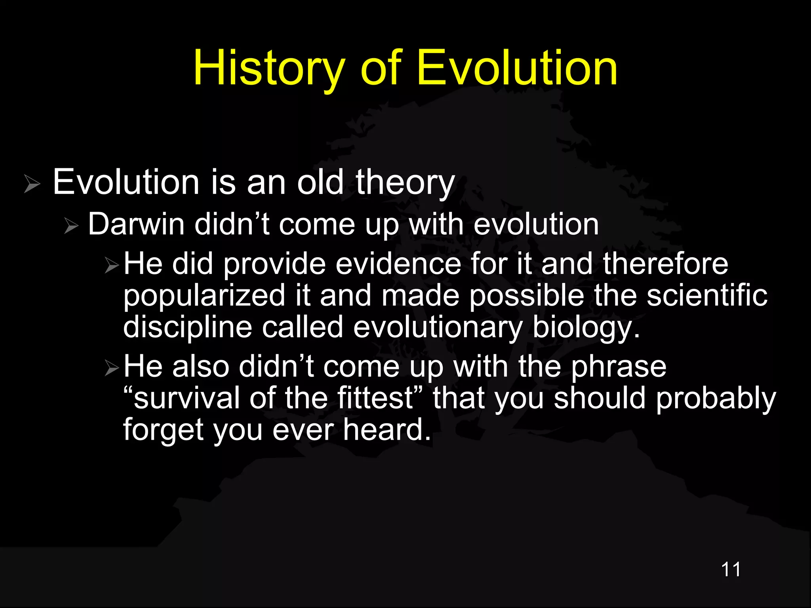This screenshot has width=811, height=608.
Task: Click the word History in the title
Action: (269, 68)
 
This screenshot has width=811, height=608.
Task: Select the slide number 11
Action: (731, 570)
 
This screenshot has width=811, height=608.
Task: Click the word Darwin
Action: (136, 224)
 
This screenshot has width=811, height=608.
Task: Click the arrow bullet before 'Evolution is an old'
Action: (32, 184)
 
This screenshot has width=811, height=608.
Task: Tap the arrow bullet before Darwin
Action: (72, 226)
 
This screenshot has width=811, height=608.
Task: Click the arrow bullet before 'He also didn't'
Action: (112, 368)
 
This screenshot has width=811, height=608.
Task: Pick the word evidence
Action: (398, 264)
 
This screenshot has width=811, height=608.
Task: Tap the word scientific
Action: (707, 295)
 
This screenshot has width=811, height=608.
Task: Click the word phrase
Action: (619, 367)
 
